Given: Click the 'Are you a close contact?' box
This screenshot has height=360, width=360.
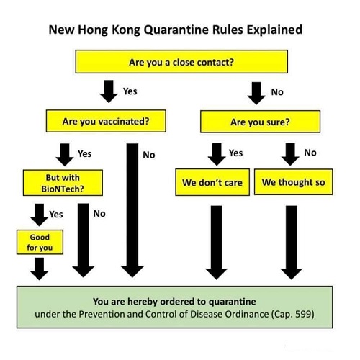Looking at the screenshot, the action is click(x=181, y=62).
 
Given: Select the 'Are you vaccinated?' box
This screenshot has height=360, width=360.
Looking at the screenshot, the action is click(x=106, y=121).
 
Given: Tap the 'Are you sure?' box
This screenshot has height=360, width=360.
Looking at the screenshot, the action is click(x=260, y=122).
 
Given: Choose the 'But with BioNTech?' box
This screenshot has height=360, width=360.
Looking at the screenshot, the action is click(x=63, y=183).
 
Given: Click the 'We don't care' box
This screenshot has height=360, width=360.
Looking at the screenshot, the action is click(x=212, y=182).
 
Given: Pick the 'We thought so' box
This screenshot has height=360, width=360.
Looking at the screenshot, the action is click(x=293, y=182).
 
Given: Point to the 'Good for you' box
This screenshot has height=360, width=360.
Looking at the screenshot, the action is click(x=40, y=242).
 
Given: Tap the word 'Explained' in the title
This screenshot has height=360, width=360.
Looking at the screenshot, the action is click(x=274, y=30).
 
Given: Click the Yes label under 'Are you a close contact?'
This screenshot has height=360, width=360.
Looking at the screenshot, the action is click(x=130, y=91).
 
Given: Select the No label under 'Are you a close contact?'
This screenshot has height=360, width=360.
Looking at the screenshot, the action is click(x=277, y=92).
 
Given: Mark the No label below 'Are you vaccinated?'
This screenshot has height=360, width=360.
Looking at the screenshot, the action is click(x=149, y=155).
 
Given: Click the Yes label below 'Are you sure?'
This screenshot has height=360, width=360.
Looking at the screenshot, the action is click(x=235, y=153).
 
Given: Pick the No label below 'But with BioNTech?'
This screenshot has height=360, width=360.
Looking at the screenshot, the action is click(x=99, y=214).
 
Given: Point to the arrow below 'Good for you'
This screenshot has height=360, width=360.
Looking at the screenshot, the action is click(x=39, y=269).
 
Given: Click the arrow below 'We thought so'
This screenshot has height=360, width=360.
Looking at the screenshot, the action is click(x=291, y=243).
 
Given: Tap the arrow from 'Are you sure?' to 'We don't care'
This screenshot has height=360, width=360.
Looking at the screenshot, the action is click(x=217, y=154).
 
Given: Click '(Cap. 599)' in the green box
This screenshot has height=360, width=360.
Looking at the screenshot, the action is click(x=292, y=314).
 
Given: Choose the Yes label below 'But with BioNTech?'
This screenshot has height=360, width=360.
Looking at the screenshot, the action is click(x=56, y=215).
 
